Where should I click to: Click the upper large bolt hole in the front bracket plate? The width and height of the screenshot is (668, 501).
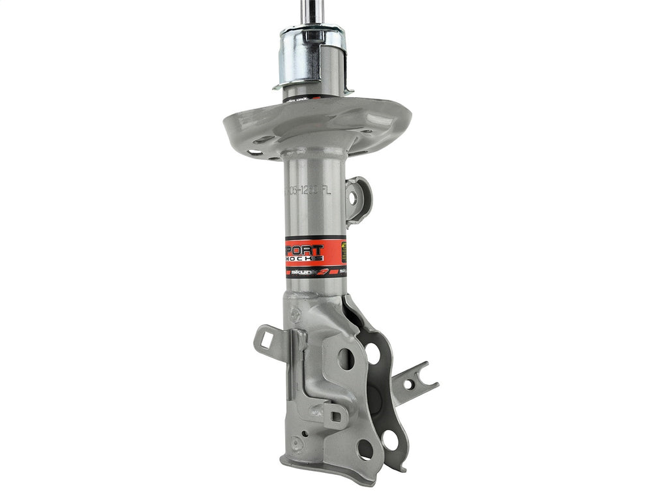click(346, 358)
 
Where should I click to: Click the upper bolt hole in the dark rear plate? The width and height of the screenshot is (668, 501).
click(373, 353)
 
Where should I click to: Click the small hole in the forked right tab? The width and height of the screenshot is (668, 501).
click(408, 384)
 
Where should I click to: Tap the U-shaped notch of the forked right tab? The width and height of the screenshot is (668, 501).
click(424, 374)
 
